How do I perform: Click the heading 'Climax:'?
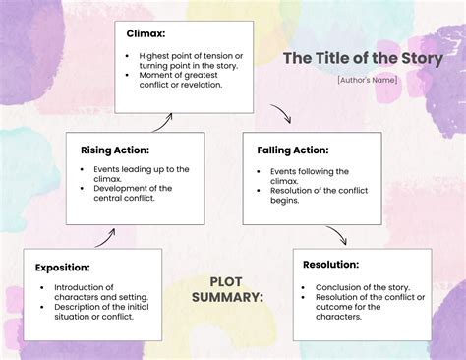coord(146,33)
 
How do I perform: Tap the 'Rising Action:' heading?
coord(115,150)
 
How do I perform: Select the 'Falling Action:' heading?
coord(293,150)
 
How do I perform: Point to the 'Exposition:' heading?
coord(63,267)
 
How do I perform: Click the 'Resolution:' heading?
coord(330,264)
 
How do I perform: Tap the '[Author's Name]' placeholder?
coord(367,79)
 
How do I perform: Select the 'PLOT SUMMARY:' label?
coord(227,289)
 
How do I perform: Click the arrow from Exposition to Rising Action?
coord(104,236)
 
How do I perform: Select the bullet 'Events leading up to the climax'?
coord(134,174)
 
